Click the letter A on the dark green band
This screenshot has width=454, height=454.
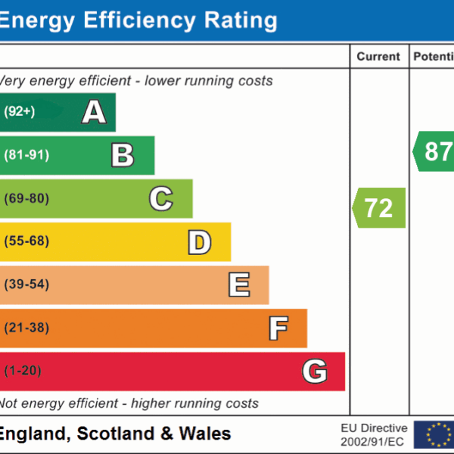[94, 112]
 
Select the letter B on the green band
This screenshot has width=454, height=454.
[123, 155]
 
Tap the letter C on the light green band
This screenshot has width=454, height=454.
[160, 199]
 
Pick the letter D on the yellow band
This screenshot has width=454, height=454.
[199, 242]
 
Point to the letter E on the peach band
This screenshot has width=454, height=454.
[238, 285]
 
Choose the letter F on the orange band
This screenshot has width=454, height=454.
[278, 328]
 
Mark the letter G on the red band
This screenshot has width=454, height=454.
[315, 372]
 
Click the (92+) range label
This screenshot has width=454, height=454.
[20, 112]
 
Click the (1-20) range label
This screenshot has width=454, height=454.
[23, 372]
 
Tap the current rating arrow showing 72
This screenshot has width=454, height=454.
[379, 208]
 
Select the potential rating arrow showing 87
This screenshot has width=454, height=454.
[435, 151]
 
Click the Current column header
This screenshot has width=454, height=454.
[378, 57]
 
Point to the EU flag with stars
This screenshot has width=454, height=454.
[438, 434]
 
